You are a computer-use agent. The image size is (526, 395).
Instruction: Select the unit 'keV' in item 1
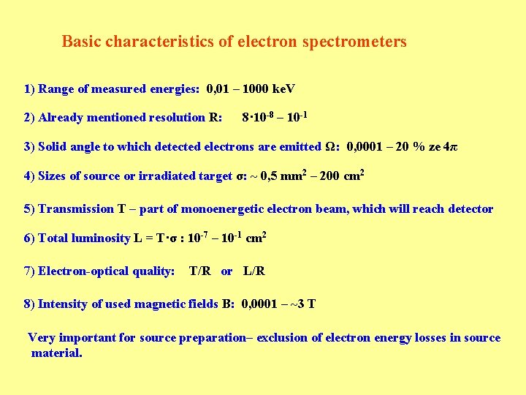[283, 89]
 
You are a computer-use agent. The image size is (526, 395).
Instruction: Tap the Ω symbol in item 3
[329, 146]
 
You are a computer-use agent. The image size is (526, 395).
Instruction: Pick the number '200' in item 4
[329, 176]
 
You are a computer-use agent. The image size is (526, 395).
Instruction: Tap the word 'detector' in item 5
[468, 209]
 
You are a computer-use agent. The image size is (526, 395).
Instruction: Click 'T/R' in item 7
[199, 271]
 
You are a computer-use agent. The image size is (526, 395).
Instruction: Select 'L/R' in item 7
[254, 271]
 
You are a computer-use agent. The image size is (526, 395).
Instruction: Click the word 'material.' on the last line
[57, 353]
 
